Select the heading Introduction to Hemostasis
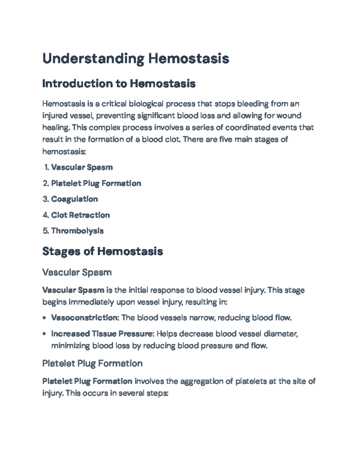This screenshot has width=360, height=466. (x=119, y=83)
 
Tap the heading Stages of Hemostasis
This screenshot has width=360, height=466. (x=103, y=251)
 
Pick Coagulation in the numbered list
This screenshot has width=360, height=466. (x=74, y=199)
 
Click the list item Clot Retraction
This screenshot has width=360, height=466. (x=80, y=215)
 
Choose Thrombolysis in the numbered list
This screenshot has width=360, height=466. (x=77, y=231)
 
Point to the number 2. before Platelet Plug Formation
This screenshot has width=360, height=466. (x=46, y=183)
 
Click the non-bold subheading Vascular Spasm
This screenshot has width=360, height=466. (x=77, y=272)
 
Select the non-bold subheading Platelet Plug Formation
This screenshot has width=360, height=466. (x=92, y=364)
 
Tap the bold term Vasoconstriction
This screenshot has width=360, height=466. (x=85, y=318)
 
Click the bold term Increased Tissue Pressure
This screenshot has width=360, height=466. (x=103, y=334)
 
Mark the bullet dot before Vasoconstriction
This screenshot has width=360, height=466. (x=44, y=318)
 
